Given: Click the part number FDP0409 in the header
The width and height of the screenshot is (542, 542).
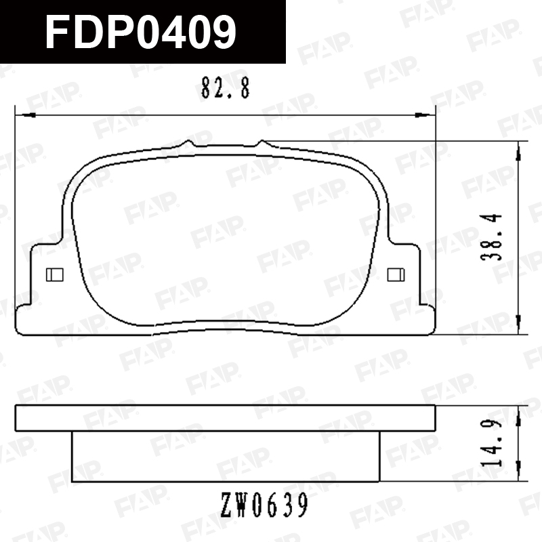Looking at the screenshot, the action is [x=141, y=33].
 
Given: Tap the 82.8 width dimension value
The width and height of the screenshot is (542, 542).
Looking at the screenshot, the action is [x=226, y=88].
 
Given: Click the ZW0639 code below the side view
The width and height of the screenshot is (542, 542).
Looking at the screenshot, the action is [x=264, y=505].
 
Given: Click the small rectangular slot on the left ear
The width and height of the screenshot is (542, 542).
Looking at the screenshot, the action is [x=55, y=275].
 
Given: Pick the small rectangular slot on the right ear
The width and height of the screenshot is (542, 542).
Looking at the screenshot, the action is [x=396, y=275].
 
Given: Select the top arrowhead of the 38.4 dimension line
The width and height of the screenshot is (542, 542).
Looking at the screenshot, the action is [x=518, y=151].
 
